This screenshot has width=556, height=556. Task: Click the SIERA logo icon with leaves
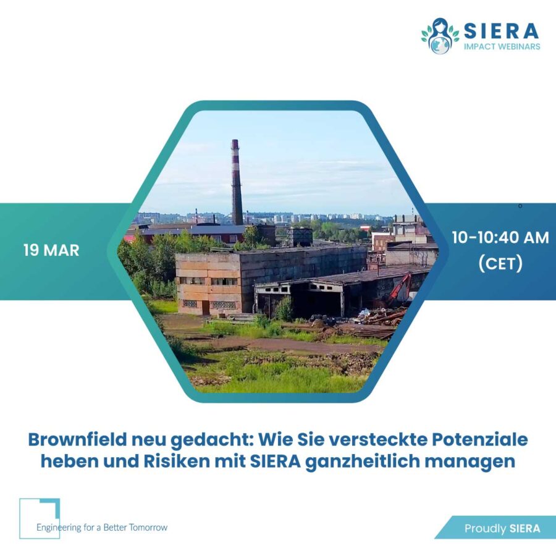tap(440, 36)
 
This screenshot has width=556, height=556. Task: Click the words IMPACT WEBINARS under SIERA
tap(502, 46)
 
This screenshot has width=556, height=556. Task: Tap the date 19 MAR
tap(51, 250)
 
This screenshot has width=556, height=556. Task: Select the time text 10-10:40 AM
tap(500, 238)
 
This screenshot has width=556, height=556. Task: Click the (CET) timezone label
tap(500, 263)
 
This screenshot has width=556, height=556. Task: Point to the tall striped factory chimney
tap(237, 182)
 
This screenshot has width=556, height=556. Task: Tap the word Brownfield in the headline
tap(77, 440)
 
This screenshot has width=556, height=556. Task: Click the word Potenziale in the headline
tap(479, 440)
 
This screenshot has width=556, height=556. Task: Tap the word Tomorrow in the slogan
tap(148, 528)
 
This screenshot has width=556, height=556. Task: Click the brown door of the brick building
tap(205, 308)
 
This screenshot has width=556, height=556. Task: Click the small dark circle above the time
tap(520, 206)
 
